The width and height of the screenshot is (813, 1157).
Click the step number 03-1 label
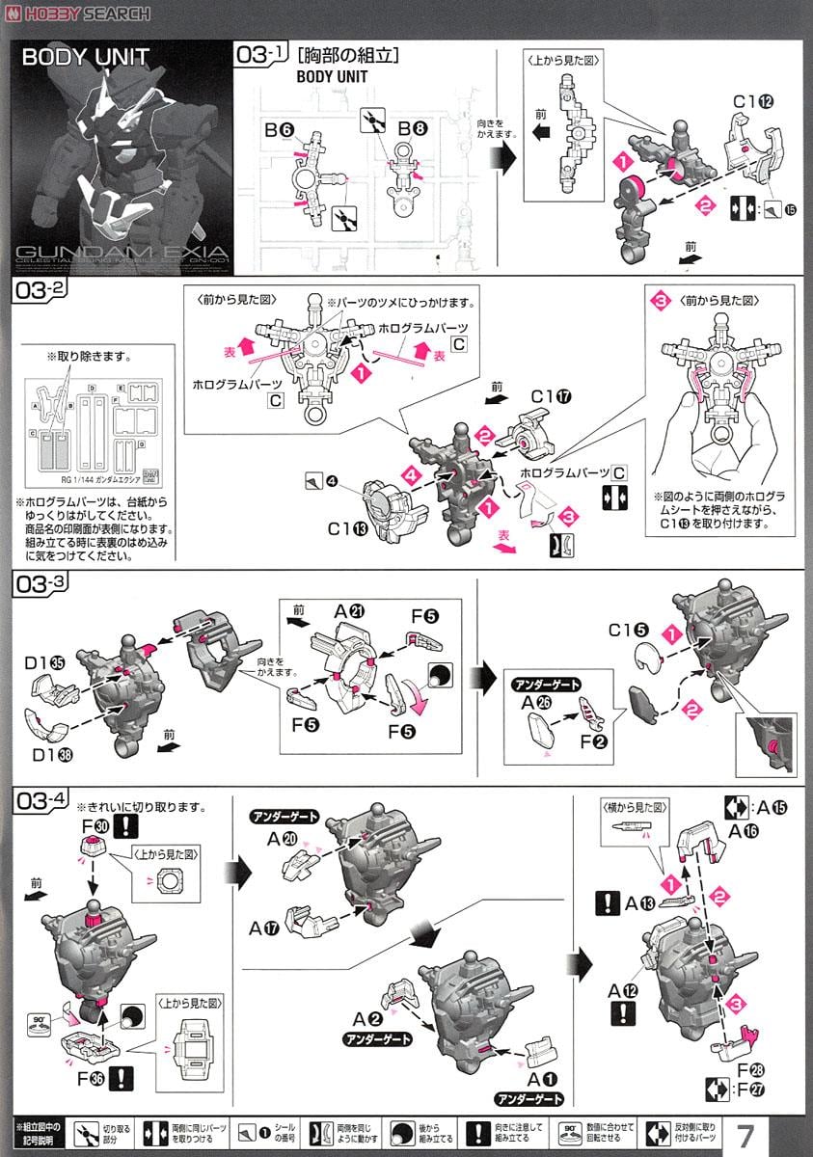258,55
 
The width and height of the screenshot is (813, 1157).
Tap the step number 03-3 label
37,583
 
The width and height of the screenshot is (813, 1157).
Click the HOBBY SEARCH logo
77,13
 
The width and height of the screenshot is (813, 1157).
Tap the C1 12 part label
753,101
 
